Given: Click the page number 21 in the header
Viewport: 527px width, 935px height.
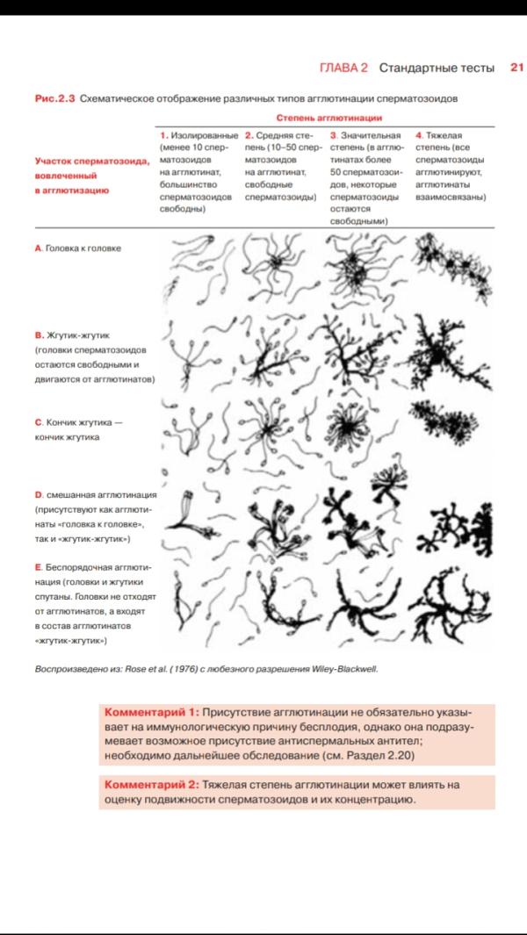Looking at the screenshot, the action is pos(516,68).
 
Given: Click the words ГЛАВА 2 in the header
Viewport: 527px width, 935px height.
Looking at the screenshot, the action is pos(343,68).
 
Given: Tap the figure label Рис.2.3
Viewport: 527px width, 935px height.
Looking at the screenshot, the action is pos(55,99).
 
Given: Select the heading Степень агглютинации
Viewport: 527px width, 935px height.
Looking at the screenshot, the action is pos(328,118).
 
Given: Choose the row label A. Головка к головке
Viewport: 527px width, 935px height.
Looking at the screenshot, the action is pos(77,248).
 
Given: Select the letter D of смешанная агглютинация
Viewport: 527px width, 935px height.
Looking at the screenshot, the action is pos(39,495).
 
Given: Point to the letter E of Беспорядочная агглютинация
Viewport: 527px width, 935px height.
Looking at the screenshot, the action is pos(38,566).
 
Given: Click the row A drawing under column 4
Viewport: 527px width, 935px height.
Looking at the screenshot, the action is pos(453,266).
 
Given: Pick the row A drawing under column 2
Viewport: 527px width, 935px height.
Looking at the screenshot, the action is pos(275,262).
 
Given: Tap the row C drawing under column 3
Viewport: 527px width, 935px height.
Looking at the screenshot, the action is pos(344,426).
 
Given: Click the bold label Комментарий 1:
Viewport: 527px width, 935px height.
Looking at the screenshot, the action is pos(152,713).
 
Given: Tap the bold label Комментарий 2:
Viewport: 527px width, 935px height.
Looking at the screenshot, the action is pos(152,785).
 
